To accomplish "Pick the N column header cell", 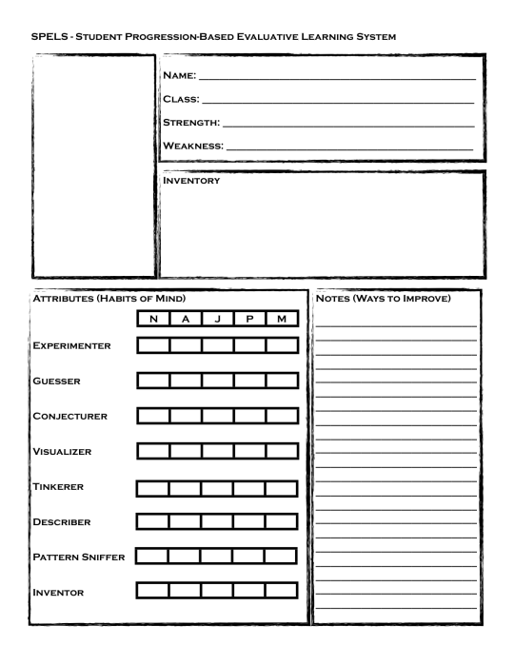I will coord(154,320).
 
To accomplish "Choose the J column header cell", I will coord(218,320).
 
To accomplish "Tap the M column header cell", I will coord(283,320).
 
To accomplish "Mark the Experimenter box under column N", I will coord(154,344).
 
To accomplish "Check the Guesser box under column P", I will coord(250,381).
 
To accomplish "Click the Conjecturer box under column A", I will coord(186,417).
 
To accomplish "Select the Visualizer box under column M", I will coord(283,450).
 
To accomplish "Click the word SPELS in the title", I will coord(49,36).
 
